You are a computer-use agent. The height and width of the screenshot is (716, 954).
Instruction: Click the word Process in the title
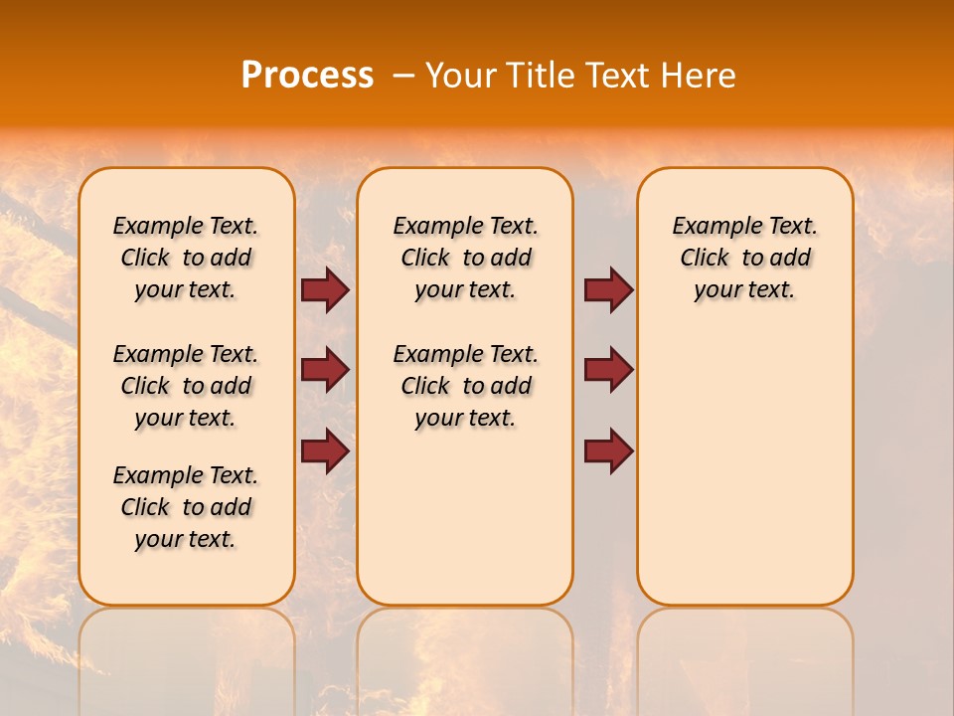click(307, 76)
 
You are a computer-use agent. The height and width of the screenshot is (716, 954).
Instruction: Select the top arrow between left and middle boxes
click(325, 290)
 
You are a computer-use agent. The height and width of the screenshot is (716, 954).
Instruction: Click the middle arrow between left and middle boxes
click(325, 370)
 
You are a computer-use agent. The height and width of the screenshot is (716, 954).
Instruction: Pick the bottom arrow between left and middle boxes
click(325, 450)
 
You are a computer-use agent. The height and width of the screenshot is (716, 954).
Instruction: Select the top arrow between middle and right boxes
click(608, 290)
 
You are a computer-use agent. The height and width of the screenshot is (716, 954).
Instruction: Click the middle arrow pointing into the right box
click(608, 370)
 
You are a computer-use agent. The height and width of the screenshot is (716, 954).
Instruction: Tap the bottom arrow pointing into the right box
click(608, 450)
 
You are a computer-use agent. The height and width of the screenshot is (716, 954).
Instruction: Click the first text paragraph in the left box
click(186, 259)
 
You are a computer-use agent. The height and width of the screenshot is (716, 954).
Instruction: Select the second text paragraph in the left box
click(186, 386)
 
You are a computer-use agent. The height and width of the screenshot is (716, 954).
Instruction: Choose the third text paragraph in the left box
click(186, 507)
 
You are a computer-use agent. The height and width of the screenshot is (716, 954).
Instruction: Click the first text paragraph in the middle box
click(465, 259)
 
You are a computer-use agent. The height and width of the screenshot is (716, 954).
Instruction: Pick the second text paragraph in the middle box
click(465, 386)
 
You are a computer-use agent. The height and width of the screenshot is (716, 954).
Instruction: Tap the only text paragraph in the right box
click(745, 259)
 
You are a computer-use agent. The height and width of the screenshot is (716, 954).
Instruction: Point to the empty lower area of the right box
click(745, 467)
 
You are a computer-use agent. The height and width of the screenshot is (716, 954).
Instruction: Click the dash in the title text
click(403, 76)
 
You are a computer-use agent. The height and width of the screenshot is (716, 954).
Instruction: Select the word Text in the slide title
click(617, 76)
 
